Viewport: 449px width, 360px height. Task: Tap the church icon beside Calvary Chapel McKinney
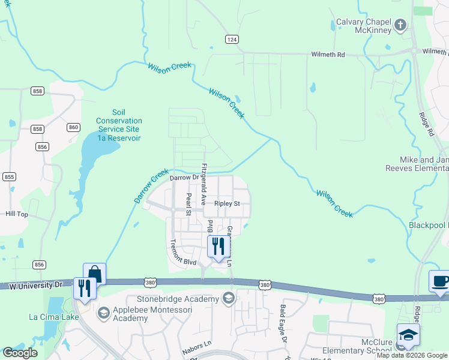tap(400, 25)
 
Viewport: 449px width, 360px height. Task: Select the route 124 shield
tap(232, 39)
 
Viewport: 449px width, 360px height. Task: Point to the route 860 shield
tap(74, 127)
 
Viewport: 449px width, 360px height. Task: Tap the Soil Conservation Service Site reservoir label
tap(118, 125)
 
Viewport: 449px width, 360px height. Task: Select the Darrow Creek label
tap(152, 186)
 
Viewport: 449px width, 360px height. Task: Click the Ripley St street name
tap(228, 204)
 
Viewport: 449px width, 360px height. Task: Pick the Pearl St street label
tap(188, 203)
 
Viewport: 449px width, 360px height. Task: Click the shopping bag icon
tap(94, 273)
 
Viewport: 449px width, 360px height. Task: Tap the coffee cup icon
tap(439, 281)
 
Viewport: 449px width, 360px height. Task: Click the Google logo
tap(20, 352)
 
